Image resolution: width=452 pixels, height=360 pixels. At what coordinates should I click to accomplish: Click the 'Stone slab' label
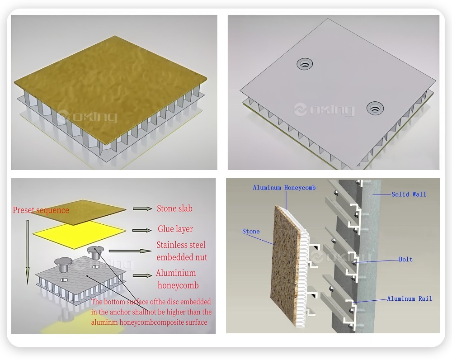click(174, 208)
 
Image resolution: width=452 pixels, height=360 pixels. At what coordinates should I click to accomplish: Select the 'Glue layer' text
click(175, 229)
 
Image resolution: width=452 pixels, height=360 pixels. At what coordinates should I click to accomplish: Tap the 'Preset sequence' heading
click(41, 210)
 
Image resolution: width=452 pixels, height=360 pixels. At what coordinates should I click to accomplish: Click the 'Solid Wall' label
click(409, 194)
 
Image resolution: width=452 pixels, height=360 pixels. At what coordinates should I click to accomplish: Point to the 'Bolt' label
click(405, 259)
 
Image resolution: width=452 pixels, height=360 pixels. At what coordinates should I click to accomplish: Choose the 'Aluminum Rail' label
click(410, 298)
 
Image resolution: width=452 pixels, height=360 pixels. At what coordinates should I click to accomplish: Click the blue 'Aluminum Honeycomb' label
click(284, 188)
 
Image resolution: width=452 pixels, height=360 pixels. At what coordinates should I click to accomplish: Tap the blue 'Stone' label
click(251, 232)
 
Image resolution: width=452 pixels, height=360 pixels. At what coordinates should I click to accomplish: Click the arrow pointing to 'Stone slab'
click(142, 208)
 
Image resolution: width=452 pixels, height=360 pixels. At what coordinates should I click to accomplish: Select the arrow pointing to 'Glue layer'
click(142, 230)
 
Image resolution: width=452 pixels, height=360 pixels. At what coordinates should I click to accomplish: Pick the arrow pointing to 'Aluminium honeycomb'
click(142, 275)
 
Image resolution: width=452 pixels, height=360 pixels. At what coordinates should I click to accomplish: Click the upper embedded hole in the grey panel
click(305, 64)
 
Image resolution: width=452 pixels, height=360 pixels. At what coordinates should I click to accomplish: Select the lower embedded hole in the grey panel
click(375, 108)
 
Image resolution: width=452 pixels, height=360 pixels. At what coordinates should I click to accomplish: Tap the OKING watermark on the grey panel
click(324, 109)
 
